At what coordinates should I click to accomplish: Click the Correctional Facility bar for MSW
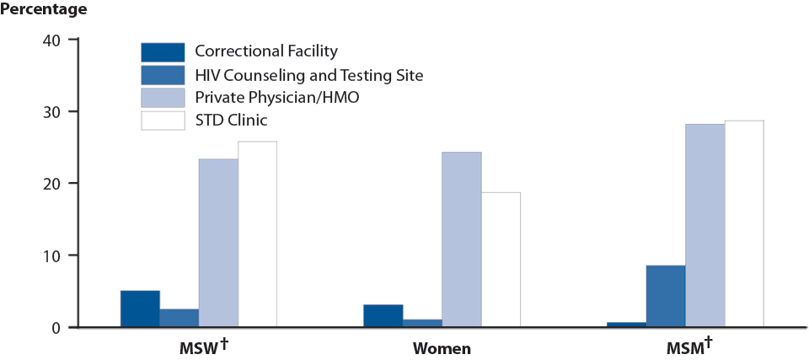click(140, 309)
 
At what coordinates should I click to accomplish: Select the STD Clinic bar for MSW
click(257, 234)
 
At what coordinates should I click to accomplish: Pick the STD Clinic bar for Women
click(501, 260)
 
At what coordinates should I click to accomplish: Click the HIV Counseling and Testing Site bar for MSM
click(666, 296)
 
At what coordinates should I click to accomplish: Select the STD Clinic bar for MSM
click(744, 223)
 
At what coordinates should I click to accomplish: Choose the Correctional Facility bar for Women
click(383, 315)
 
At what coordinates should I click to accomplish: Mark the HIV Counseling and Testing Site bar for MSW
click(179, 318)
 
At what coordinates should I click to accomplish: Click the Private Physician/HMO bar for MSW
click(218, 243)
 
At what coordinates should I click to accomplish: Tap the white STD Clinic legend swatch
click(163, 121)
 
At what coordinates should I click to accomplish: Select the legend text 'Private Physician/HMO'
click(277, 98)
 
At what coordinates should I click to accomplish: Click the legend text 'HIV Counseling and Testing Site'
click(308, 75)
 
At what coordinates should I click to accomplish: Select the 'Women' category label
click(442, 348)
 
